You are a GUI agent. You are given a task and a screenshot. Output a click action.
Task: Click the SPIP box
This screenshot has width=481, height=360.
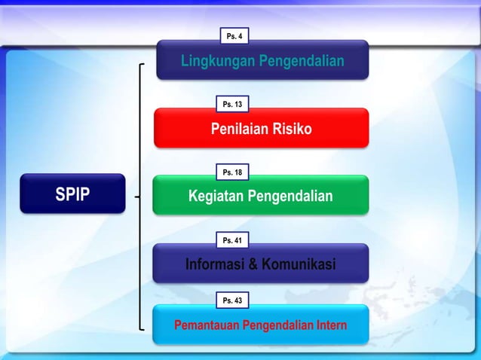(x=72, y=195)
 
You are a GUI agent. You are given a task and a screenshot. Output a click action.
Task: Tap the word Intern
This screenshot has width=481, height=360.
(x=330, y=326)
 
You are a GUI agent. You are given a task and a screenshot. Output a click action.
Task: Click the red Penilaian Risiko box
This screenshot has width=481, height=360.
(x=261, y=129)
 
